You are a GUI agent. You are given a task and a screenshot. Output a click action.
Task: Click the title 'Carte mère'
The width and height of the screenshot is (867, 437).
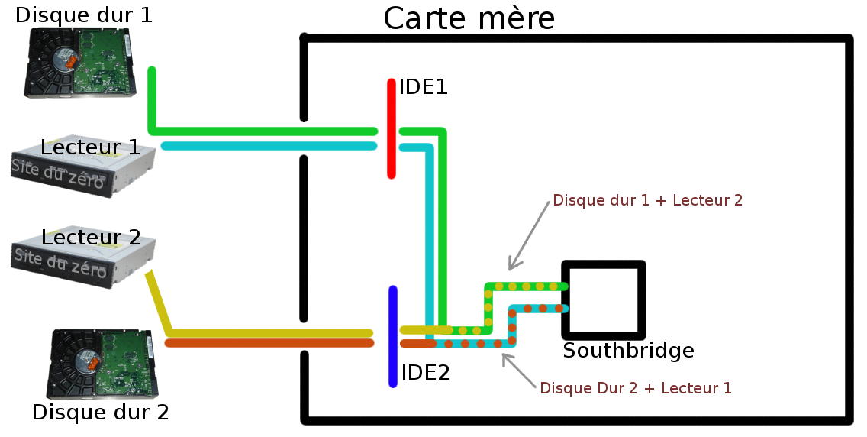(469, 18)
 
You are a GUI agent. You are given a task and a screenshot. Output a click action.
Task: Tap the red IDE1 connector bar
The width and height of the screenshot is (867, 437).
(392, 128)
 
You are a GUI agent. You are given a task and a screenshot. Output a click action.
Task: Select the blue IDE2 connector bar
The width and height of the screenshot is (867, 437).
(393, 336)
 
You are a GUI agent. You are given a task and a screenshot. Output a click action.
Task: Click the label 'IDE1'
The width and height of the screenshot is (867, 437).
(423, 87)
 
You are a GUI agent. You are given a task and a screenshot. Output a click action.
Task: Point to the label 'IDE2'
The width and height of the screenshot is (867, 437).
(425, 373)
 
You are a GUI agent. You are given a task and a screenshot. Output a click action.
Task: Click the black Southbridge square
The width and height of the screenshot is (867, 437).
(603, 299)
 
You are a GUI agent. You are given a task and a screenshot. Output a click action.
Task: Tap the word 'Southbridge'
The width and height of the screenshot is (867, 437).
(628, 351)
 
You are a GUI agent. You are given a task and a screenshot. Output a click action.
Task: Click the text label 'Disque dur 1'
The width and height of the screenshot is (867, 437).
(84, 14)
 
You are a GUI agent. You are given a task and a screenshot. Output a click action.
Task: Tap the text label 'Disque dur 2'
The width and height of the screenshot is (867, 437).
(100, 413)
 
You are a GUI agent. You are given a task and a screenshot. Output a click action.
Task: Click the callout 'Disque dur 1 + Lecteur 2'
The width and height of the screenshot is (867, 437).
(647, 201)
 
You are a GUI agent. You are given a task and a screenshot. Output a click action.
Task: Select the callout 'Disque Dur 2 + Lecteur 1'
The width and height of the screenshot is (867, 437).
(635, 388)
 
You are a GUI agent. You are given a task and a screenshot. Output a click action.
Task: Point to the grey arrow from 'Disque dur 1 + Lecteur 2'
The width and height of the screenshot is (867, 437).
(528, 235)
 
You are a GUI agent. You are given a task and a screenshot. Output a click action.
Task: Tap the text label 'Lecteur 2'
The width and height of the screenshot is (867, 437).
(91, 237)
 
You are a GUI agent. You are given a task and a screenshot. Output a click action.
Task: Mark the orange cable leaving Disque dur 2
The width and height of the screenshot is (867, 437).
(267, 343)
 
